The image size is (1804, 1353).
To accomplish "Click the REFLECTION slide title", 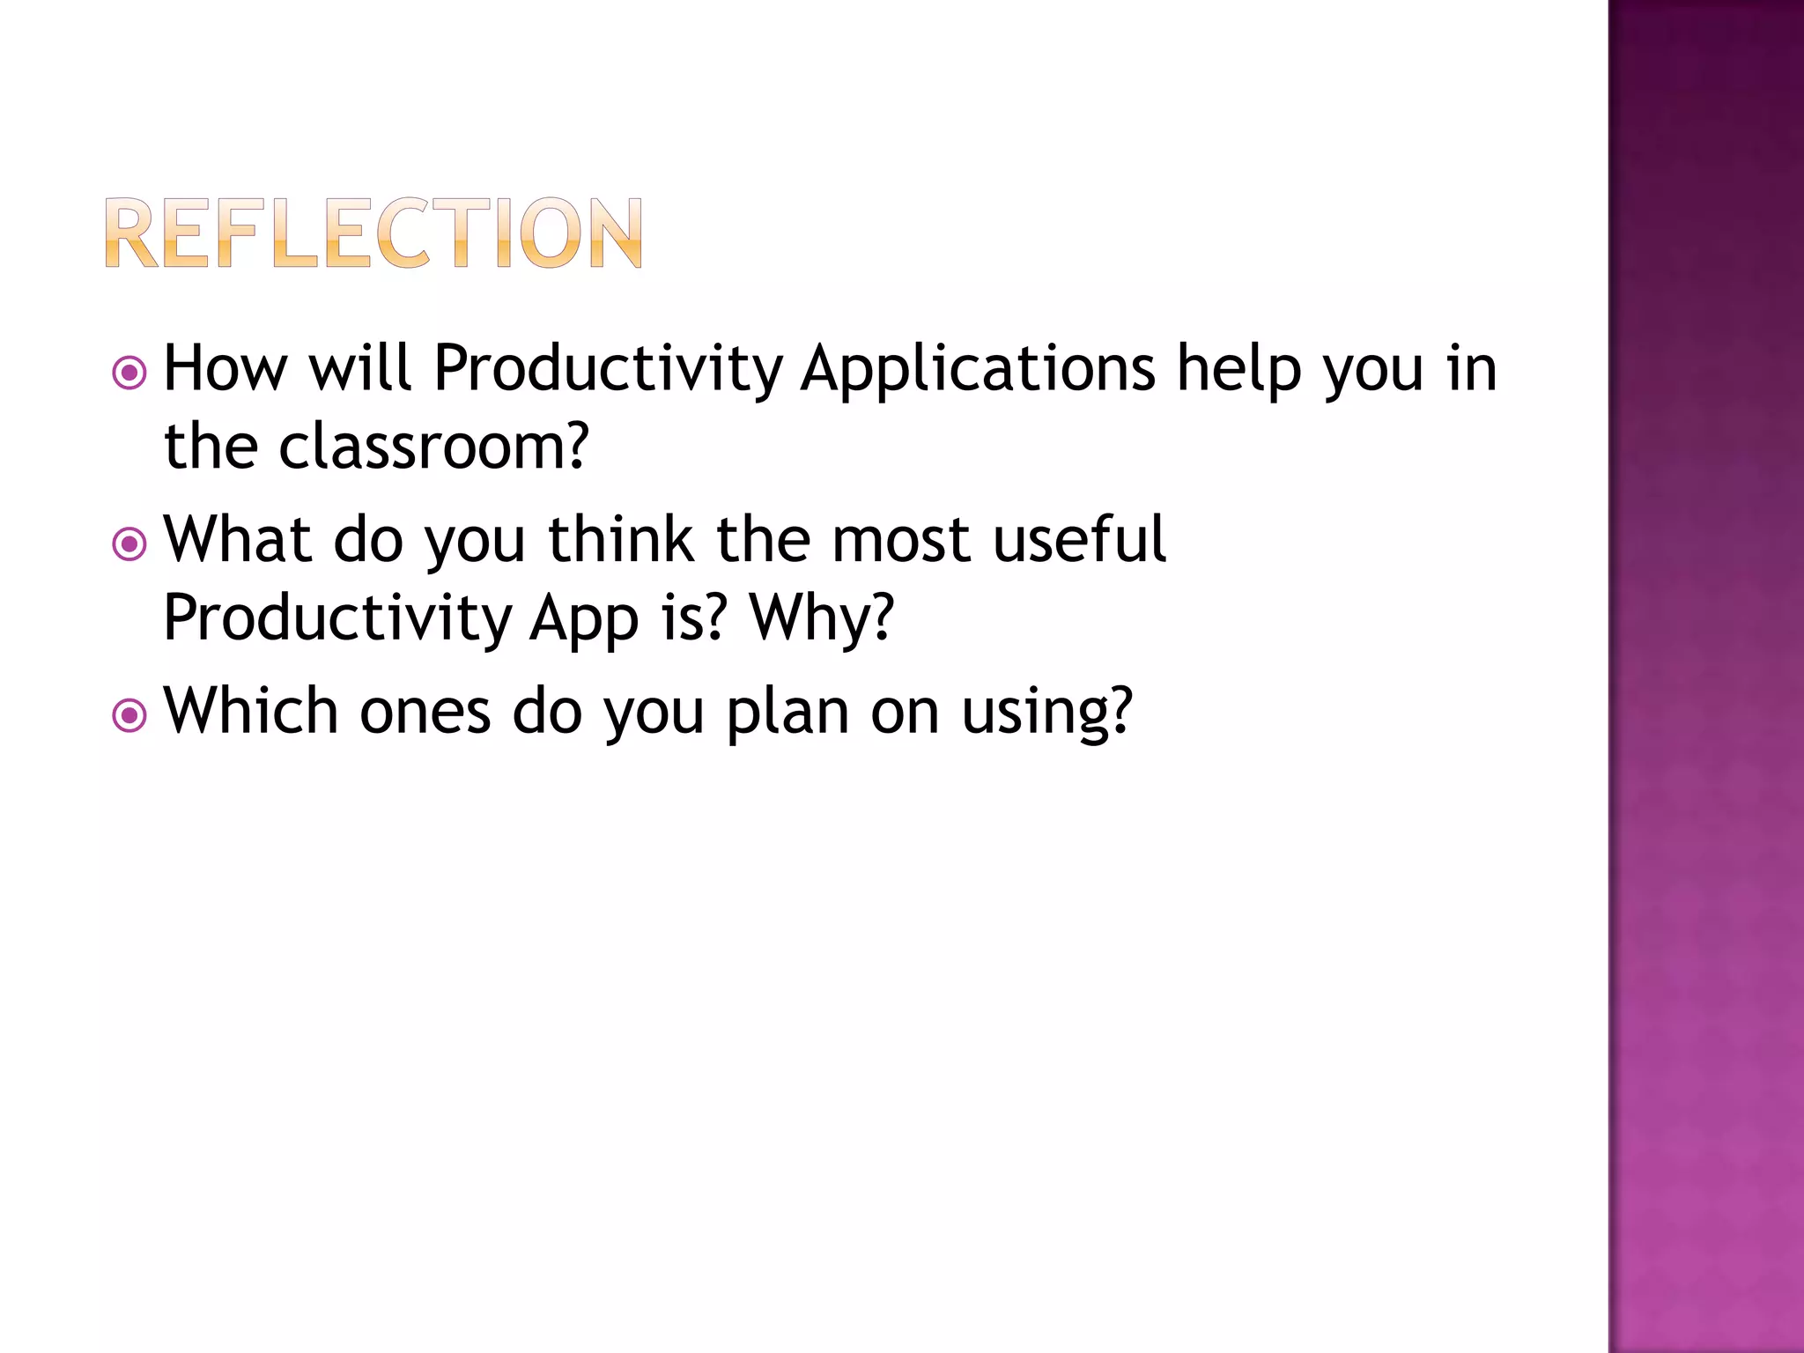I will tap(373, 233).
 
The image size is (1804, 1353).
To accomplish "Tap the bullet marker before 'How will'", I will tap(129, 373).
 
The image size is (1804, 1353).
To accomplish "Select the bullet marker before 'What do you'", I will tap(129, 544).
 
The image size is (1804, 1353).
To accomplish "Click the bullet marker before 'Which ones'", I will tap(129, 715).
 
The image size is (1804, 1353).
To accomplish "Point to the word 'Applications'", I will tap(978, 370).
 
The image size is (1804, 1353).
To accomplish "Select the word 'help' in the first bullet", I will tap(1239, 370).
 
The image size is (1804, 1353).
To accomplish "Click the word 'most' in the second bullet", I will tap(900, 541).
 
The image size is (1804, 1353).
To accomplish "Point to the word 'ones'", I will tap(425, 712).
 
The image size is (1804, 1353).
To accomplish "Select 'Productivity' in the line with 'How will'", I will tap(608, 370).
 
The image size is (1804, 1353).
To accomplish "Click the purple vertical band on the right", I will tap(1705, 676).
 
